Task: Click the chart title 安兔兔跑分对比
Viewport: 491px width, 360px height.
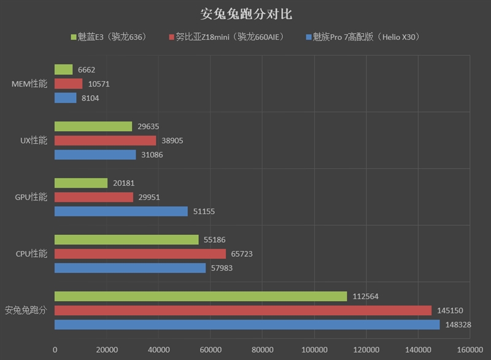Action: tap(245, 13)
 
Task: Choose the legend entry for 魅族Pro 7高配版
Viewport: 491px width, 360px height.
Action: tap(362, 37)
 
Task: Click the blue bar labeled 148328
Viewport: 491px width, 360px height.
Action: tap(247, 324)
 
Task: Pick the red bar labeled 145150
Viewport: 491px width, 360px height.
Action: tap(243, 310)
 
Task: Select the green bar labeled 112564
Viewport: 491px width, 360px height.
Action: tap(201, 296)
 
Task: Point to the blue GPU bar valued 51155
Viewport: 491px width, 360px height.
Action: tap(121, 212)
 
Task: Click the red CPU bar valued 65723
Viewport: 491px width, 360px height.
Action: tap(140, 254)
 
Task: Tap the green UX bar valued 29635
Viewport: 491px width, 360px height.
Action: tap(93, 126)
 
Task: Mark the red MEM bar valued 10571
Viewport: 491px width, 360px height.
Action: tap(68, 84)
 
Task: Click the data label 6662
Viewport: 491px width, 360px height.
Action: tap(87, 70)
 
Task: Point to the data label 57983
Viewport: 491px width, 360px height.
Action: tap(220, 268)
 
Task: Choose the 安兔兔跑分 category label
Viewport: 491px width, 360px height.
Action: tap(25, 310)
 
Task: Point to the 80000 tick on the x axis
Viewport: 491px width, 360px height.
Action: tap(262, 350)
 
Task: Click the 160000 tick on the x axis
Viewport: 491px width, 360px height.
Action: tap(470, 350)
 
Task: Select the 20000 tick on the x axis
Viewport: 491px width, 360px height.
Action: tap(107, 350)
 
